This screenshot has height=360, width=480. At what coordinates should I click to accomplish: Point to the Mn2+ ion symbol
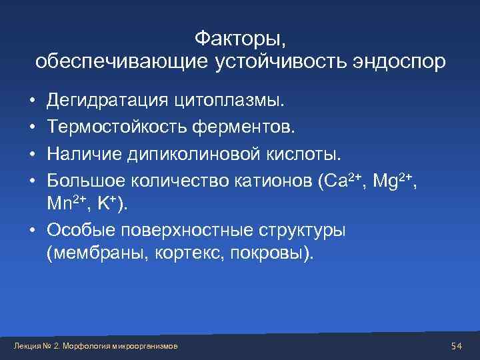(x=63, y=205)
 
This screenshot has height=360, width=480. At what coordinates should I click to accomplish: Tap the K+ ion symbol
(x=107, y=205)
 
